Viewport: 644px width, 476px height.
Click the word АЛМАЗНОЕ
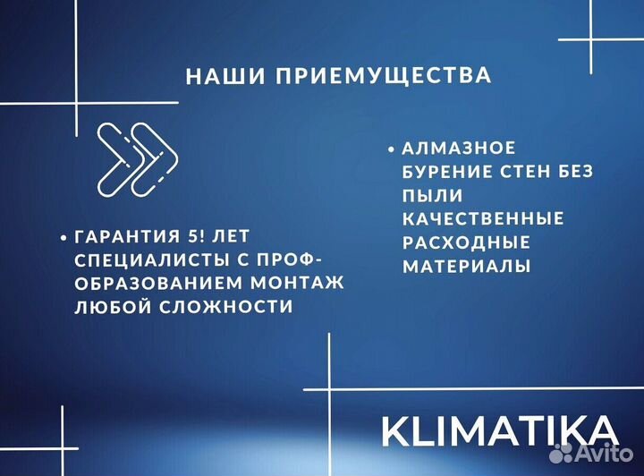(x=459, y=149)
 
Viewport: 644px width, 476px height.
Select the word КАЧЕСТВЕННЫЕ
(x=483, y=218)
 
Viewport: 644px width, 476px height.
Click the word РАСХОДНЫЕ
(x=466, y=242)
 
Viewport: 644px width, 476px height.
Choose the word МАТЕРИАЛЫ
(x=466, y=266)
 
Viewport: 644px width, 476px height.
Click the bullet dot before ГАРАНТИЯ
(x=63, y=239)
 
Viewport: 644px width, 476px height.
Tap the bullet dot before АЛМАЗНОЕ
(x=391, y=149)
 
